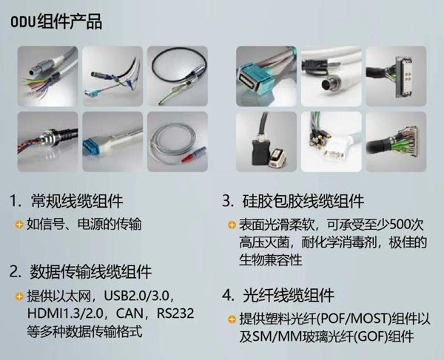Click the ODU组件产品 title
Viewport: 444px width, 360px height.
click(56, 21)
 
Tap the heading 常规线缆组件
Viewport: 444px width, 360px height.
click(77, 200)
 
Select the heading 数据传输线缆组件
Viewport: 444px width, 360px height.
click(91, 271)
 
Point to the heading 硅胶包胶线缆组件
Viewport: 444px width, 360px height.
click(303, 201)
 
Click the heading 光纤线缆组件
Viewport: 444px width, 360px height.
click(289, 295)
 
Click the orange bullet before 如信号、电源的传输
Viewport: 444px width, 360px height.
click(19, 225)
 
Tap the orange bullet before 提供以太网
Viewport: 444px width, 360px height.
click(19, 296)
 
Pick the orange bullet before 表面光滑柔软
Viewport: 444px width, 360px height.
click(232, 225)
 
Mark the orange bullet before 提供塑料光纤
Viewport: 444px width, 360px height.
click(232, 319)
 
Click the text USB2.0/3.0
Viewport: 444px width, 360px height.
click(136, 296)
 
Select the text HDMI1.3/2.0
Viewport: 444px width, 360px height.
click(66, 313)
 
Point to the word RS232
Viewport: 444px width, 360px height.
click(175, 313)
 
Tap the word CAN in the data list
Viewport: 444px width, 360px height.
click(129, 313)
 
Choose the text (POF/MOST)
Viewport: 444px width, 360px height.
click(354, 319)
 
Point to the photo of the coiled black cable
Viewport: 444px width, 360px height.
click(178, 76)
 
